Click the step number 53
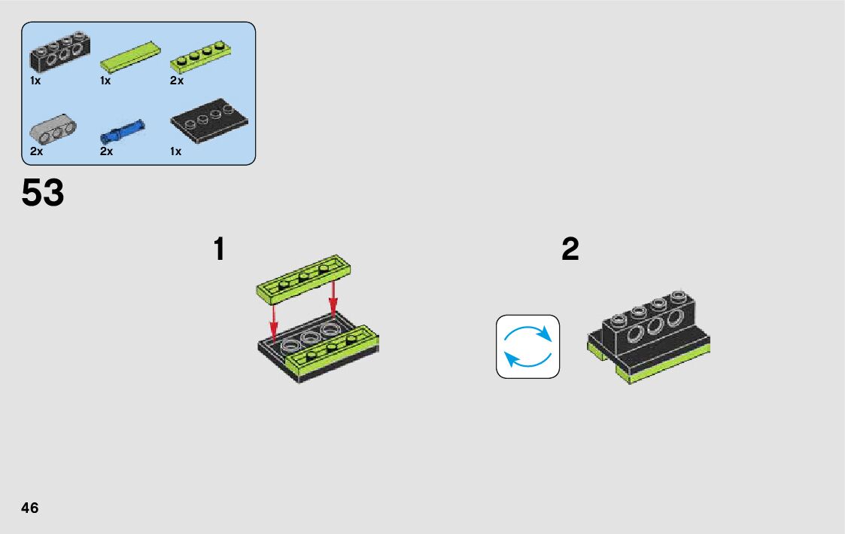click(43, 193)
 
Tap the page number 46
click(30, 508)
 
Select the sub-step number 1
click(219, 249)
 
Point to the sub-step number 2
click(570, 249)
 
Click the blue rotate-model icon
click(527, 346)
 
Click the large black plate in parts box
click(209, 121)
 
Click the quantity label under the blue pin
click(106, 151)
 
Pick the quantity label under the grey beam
click(36, 151)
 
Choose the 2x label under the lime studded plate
click(177, 81)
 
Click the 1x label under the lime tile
click(105, 81)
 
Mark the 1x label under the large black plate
click(176, 151)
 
